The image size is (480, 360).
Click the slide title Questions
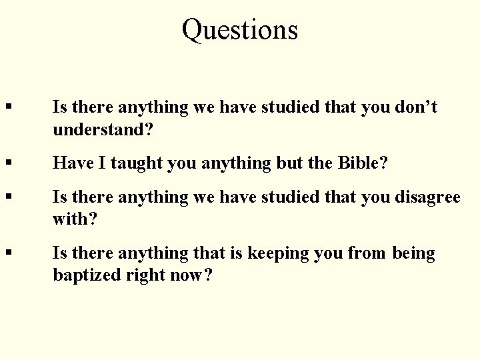[x=240, y=30]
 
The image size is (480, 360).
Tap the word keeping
[x=274, y=254]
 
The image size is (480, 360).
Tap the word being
[x=414, y=254]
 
